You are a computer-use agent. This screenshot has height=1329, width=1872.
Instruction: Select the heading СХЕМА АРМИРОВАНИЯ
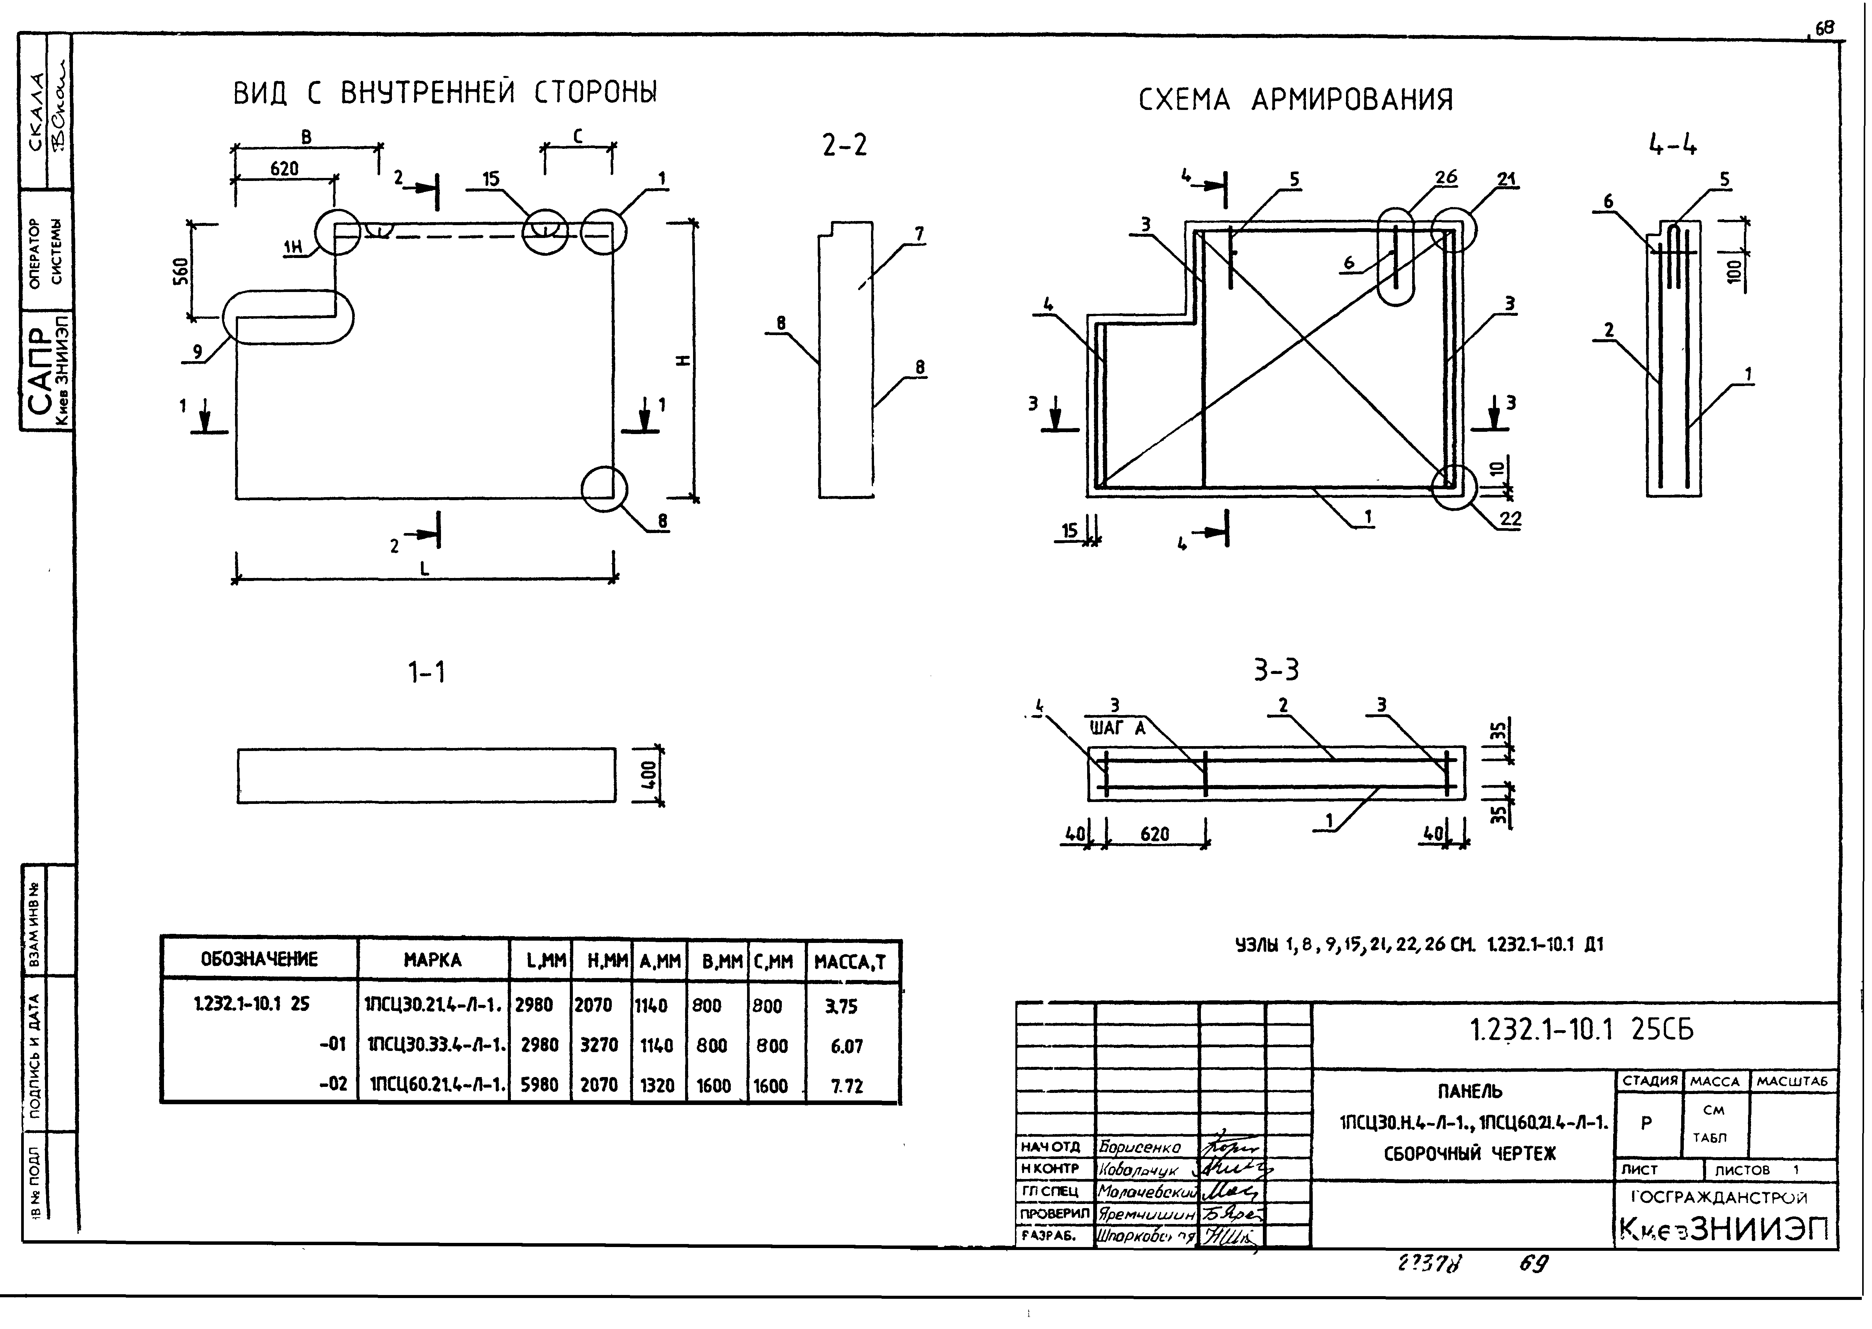click(x=1296, y=100)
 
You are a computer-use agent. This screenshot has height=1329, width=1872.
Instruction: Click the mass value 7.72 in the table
click(x=847, y=1086)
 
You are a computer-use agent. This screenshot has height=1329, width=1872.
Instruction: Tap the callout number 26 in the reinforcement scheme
click(x=1445, y=178)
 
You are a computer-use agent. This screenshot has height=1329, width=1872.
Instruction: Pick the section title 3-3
click(x=1275, y=670)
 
